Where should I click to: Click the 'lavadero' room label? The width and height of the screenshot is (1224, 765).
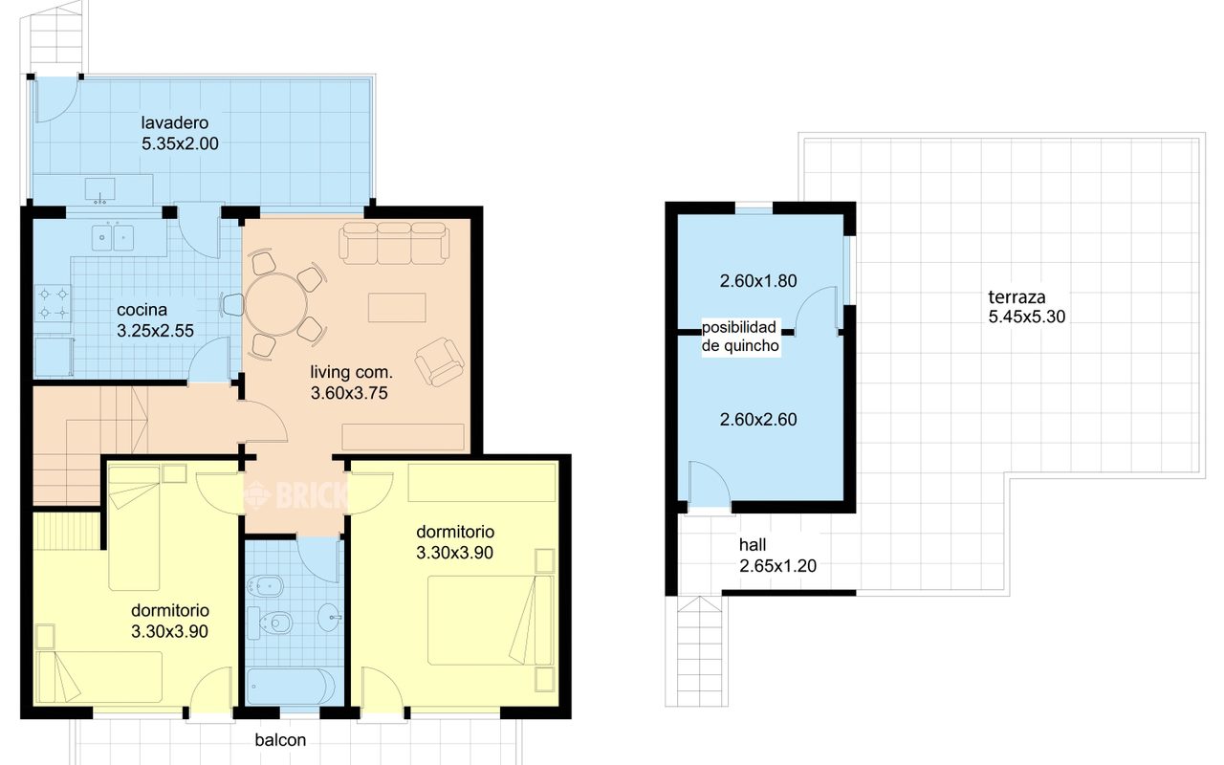click(175, 122)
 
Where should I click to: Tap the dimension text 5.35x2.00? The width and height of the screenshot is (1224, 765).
click(180, 143)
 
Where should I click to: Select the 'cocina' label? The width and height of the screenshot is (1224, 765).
click(142, 310)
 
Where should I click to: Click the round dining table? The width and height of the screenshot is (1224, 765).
click(276, 305)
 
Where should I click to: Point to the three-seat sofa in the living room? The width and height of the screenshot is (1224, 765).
click(394, 243)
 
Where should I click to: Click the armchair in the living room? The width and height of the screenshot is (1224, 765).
click(439, 361)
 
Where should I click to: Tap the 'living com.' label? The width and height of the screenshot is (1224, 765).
click(351, 372)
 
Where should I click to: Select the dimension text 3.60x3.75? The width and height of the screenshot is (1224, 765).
click(349, 393)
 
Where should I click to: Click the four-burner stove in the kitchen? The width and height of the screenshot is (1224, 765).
click(53, 303)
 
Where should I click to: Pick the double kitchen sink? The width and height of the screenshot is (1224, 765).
click(113, 239)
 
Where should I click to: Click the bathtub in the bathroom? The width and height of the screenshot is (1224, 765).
click(291, 687)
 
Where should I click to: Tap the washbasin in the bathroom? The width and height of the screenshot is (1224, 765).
click(330, 618)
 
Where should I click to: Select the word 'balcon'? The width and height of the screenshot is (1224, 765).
click(280, 740)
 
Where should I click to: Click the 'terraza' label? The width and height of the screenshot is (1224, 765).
click(1016, 297)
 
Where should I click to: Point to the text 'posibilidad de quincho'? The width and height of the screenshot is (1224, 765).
click(740, 337)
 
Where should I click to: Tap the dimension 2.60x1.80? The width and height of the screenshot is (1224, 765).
click(758, 281)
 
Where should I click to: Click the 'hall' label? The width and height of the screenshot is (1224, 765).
click(753, 545)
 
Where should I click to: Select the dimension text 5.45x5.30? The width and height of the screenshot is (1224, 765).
click(1027, 317)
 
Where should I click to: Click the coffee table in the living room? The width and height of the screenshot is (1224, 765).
click(397, 308)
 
